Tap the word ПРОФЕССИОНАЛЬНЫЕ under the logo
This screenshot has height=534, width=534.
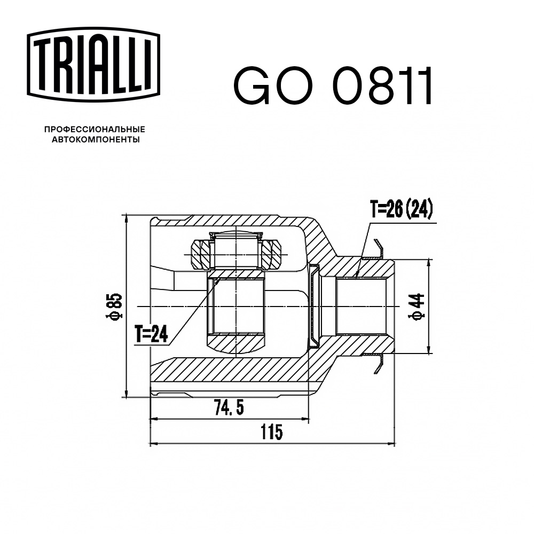pos(94,129)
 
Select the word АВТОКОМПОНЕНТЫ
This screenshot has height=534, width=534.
pos(94,140)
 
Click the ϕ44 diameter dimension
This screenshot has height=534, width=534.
pos(419,307)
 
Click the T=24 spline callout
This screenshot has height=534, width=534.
pos(151,334)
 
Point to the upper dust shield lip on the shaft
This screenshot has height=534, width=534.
pos(380,249)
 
